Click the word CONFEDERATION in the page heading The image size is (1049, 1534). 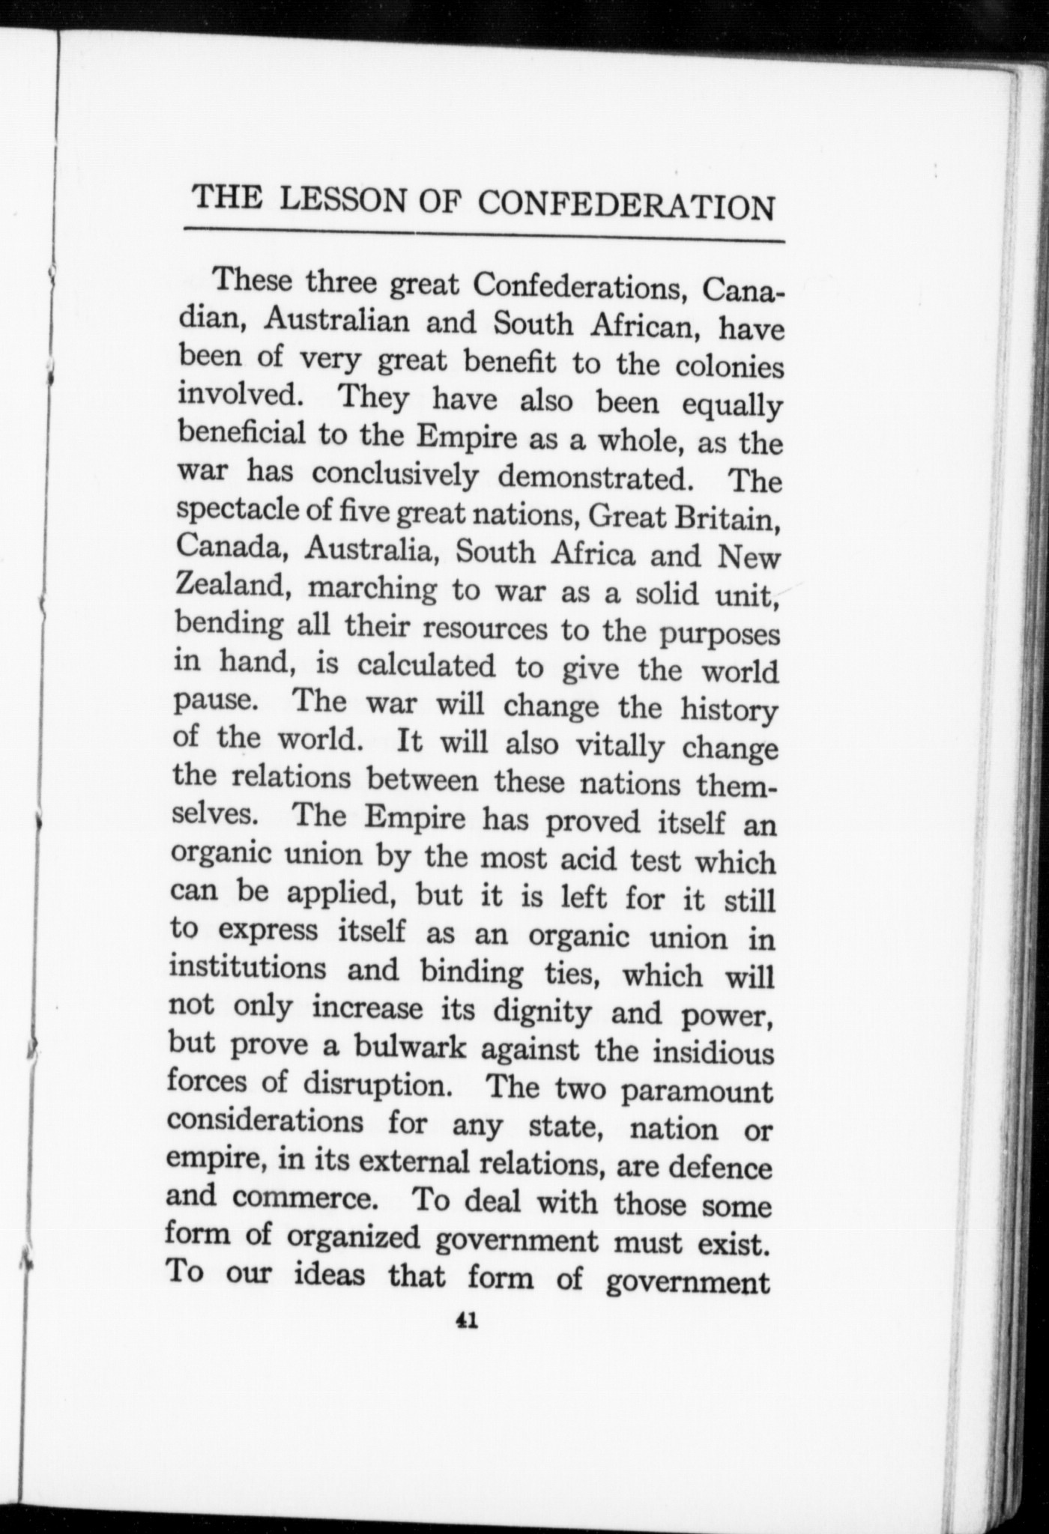626,204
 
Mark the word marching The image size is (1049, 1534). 372,589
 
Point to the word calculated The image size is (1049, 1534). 426,665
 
